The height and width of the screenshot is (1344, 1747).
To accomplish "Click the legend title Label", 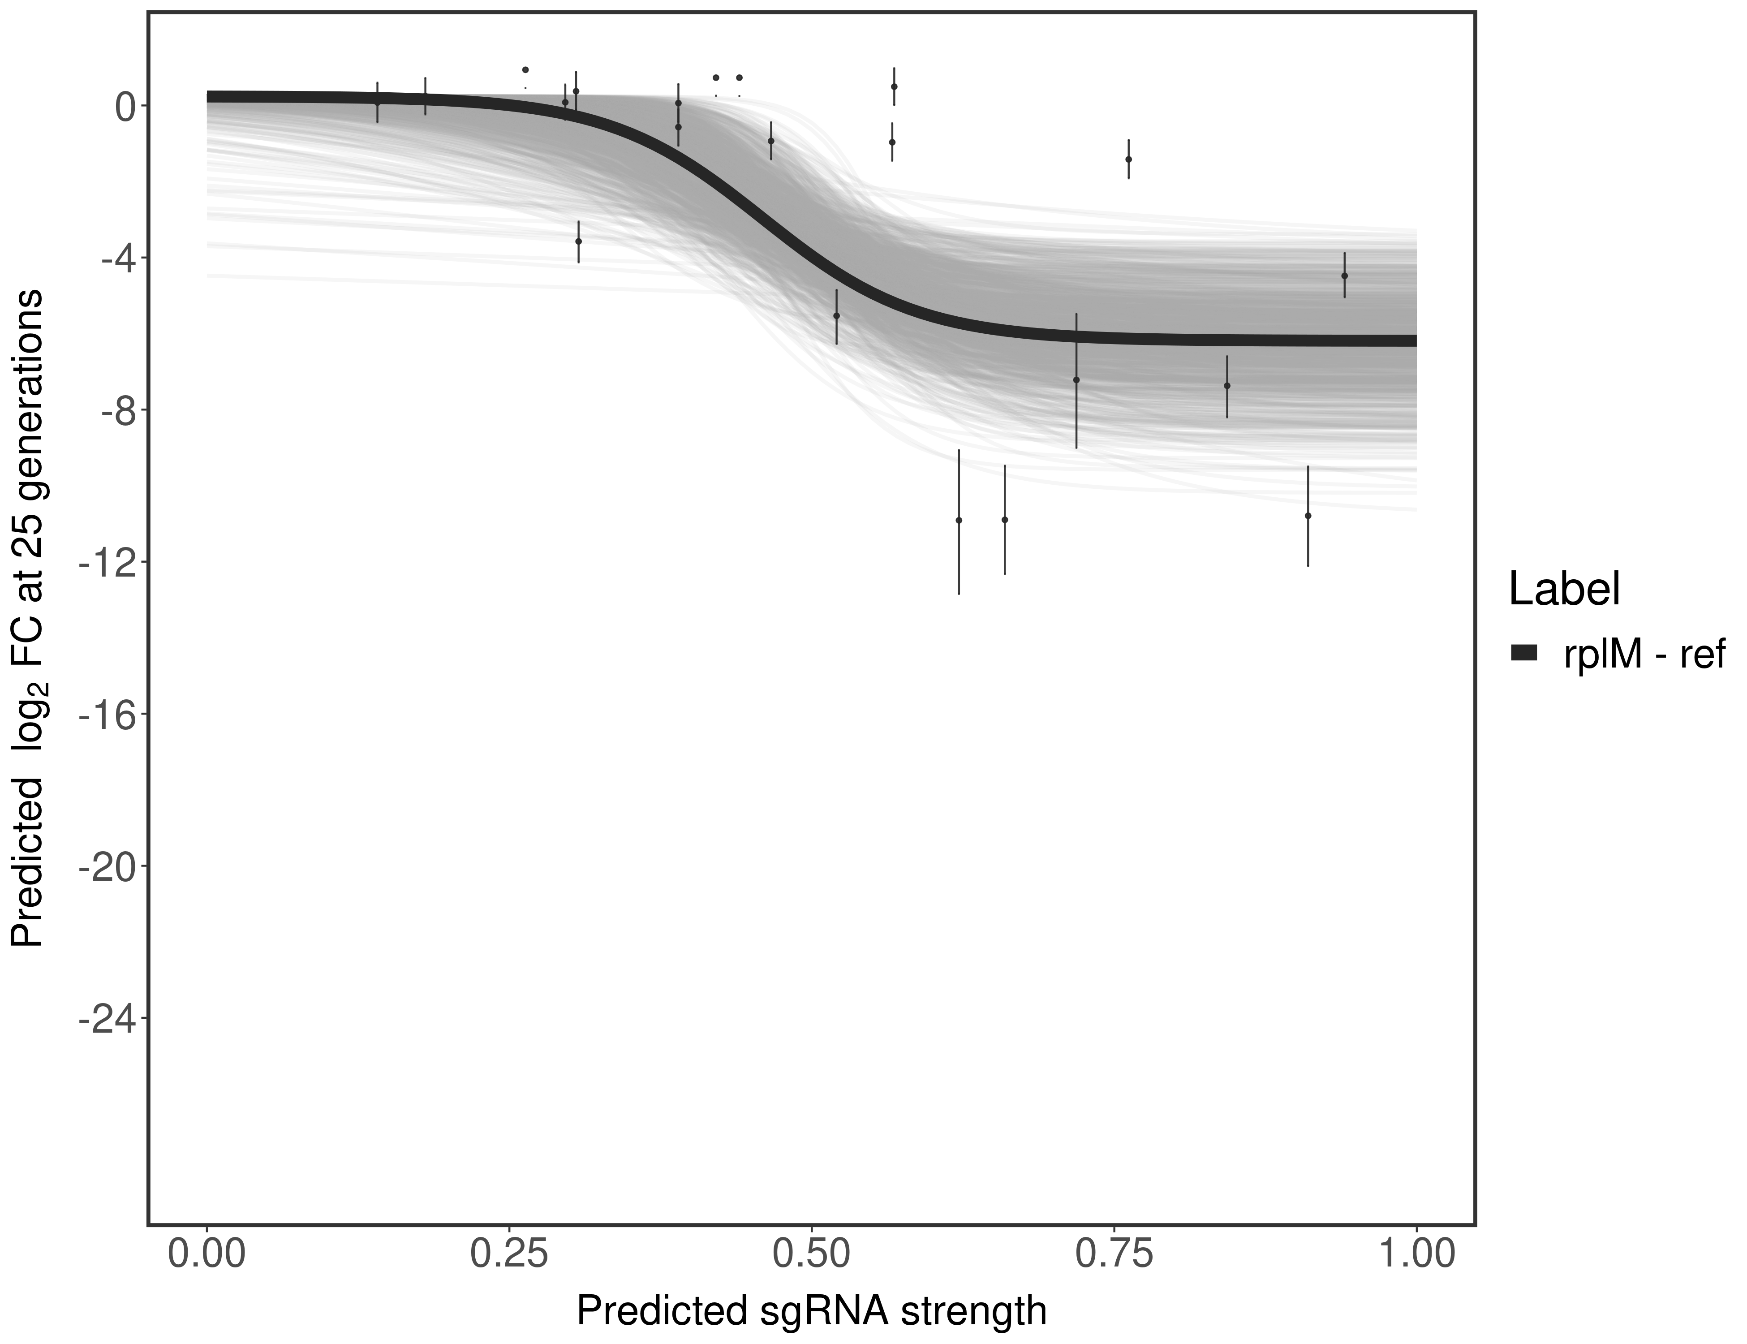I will tap(1564, 590).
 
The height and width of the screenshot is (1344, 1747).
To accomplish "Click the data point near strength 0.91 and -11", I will tap(1308, 516).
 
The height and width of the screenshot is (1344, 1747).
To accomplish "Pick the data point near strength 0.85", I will tap(1226, 386).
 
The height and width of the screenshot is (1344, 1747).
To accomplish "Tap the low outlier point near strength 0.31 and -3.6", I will tap(578, 241).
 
